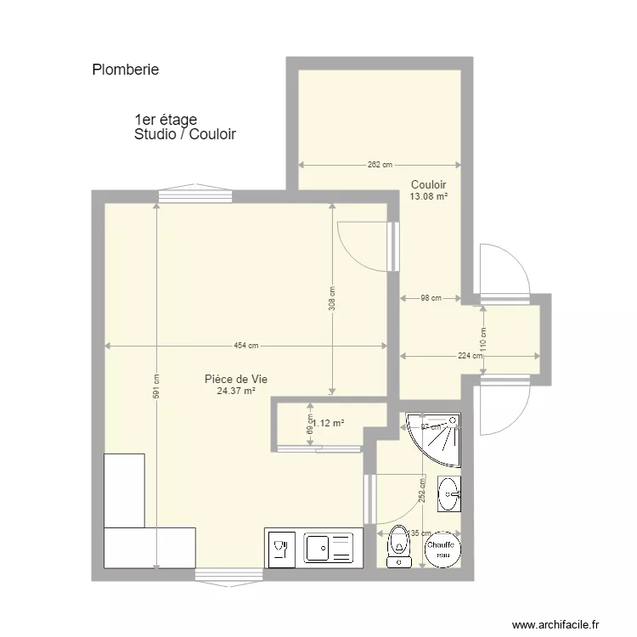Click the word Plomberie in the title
pyautogui.click(x=125, y=70)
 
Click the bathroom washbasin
pyautogui.click(x=449, y=494)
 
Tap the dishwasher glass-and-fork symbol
pyautogui.click(x=281, y=549)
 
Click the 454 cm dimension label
pyautogui.click(x=246, y=346)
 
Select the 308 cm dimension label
pyautogui.click(x=332, y=298)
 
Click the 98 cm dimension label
pyautogui.click(x=431, y=298)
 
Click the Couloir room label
pyautogui.click(x=429, y=184)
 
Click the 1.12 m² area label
pyautogui.click(x=329, y=422)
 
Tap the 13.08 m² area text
pyautogui.click(x=429, y=196)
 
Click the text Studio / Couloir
pyautogui.click(x=184, y=134)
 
